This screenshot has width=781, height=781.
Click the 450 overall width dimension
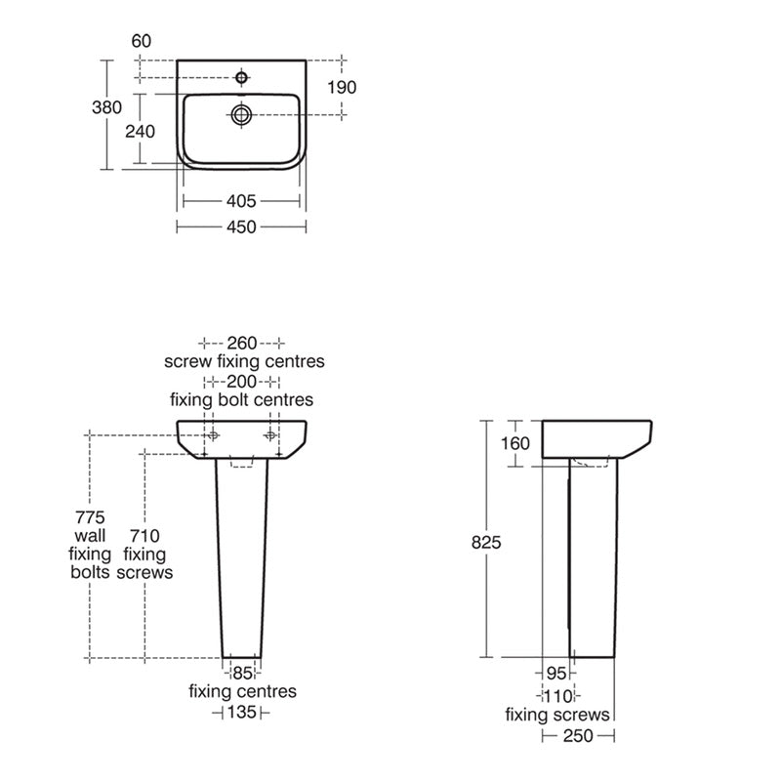[x=241, y=226]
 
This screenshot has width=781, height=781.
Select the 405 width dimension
[x=241, y=202]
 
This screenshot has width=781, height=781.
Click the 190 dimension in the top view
[x=342, y=87]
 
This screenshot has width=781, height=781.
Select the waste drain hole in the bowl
[x=241, y=114]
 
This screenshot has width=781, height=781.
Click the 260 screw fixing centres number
[x=241, y=343]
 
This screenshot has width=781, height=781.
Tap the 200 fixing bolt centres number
[x=241, y=381]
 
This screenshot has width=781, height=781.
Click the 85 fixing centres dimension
[x=242, y=673]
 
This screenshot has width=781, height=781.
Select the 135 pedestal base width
[x=241, y=713]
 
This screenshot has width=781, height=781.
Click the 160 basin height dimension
[x=514, y=443]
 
